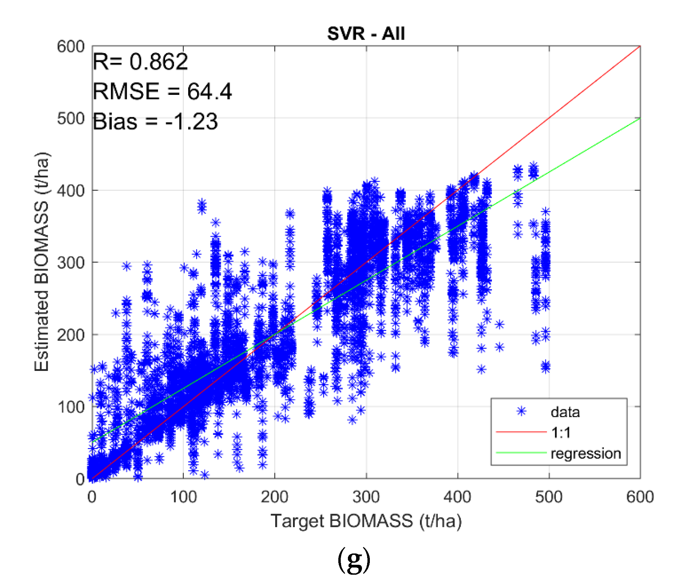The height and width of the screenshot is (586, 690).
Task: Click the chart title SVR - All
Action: coord(366,34)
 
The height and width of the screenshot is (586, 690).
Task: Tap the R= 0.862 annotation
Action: coord(140,62)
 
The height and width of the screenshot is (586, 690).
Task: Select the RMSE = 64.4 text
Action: coord(162,91)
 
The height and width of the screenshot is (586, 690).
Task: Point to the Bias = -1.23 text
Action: coord(155,122)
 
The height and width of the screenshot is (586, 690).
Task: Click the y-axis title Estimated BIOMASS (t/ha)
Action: coord(42,262)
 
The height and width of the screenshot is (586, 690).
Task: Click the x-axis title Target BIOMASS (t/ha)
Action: coord(366,521)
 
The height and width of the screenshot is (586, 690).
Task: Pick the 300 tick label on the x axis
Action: coord(366,497)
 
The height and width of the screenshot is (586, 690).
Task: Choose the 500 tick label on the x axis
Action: coord(549,497)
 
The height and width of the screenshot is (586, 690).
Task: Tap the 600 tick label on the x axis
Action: coord(640,497)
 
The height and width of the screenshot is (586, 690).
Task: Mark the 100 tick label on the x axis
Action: coord(183,497)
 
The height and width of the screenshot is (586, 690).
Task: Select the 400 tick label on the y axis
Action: coord(71,190)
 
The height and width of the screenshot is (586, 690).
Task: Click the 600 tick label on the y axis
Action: coord(71,46)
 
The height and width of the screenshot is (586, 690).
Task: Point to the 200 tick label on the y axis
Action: coord(71,335)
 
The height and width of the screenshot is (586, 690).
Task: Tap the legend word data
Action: coord(565,412)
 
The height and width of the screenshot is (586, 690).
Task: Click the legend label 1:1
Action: coord(561,433)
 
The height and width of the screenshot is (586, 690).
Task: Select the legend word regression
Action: coord(586,453)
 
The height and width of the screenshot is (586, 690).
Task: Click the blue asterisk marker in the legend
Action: coord(521,411)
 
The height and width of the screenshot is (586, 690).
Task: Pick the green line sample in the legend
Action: coord(521,453)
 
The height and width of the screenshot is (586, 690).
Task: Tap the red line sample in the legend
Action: coord(521,432)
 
